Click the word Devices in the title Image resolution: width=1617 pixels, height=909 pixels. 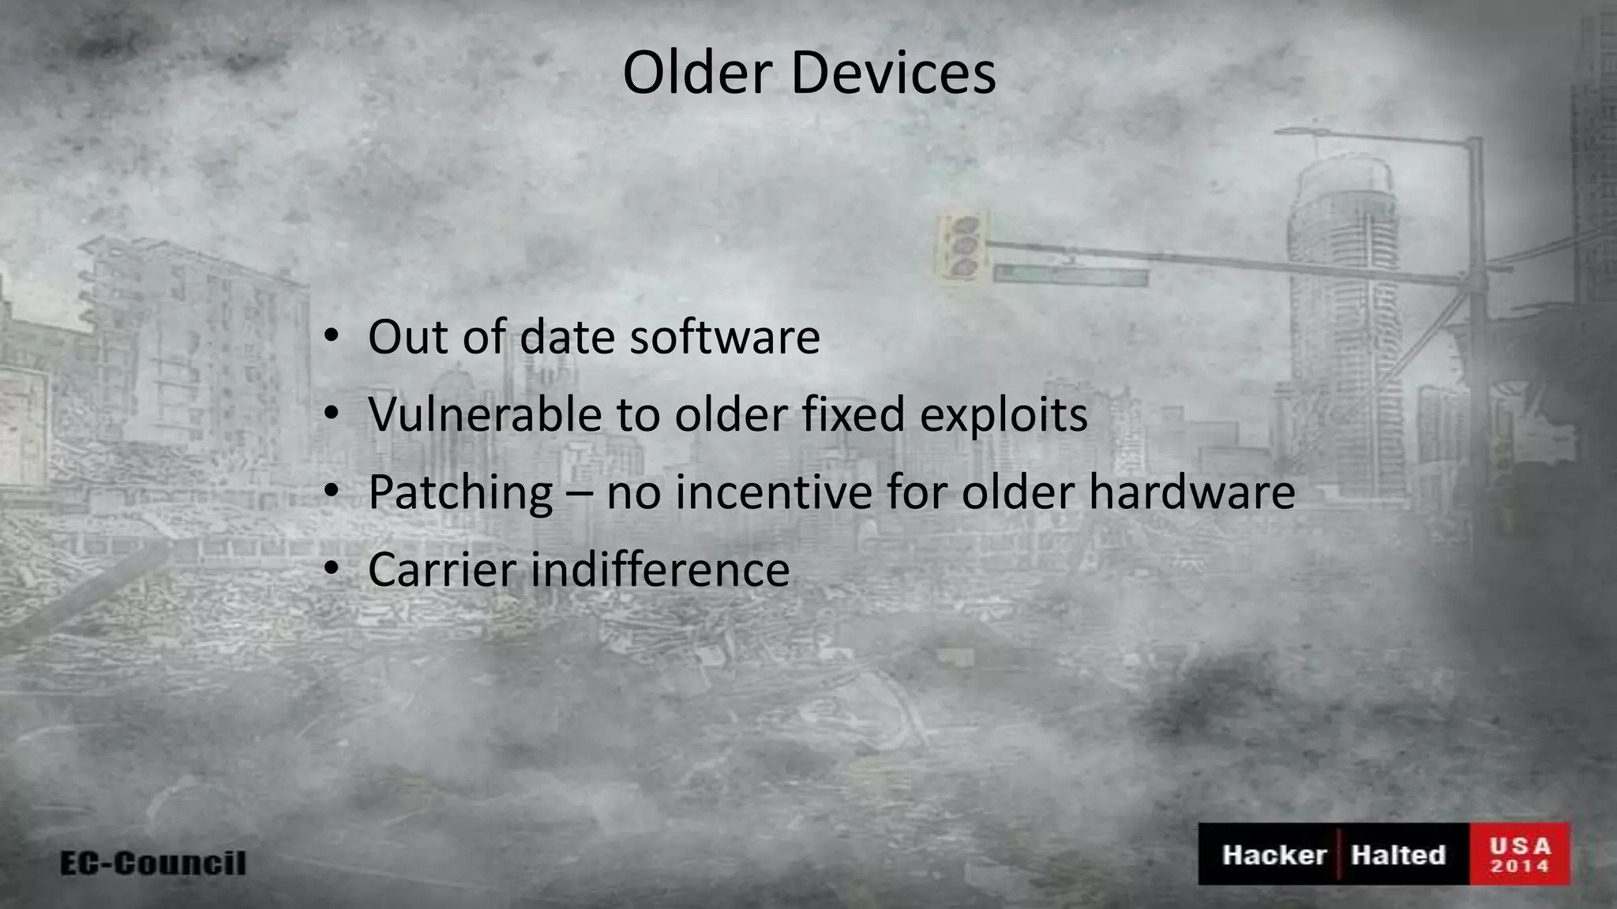pos(893,73)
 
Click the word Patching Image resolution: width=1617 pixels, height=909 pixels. pos(460,493)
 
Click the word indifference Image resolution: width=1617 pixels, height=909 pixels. pos(660,569)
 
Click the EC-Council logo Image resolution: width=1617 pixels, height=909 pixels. pos(153,862)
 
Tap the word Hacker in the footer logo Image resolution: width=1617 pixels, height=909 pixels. pos(1274,855)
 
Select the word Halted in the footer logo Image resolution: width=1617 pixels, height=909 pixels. pos(1398,855)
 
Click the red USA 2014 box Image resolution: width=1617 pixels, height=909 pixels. pos(1520,855)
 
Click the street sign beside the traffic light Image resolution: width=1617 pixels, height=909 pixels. pos(1070,275)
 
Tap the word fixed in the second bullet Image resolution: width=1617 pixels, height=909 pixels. pos(854,414)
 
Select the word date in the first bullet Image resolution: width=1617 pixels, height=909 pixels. pos(567,337)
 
